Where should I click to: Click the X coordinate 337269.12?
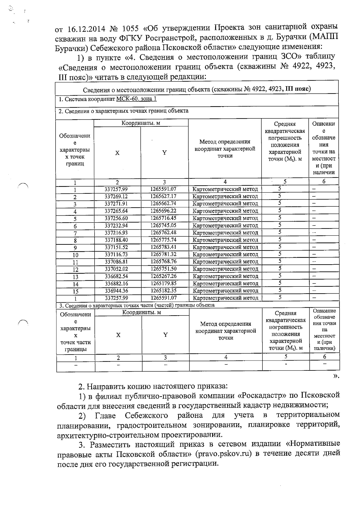[x=116, y=196]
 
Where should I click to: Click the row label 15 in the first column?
[x=75, y=291]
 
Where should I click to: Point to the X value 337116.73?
[x=116, y=254]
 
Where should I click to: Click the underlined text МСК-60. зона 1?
[x=136, y=99]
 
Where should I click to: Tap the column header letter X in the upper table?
[x=117, y=153]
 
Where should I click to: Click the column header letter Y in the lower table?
[x=165, y=335]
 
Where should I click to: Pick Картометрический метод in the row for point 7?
[x=225, y=233]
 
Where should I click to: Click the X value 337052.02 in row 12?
[x=116, y=269]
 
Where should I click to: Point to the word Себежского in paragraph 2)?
[x=146, y=415]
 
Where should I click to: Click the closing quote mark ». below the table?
[x=336, y=376]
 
